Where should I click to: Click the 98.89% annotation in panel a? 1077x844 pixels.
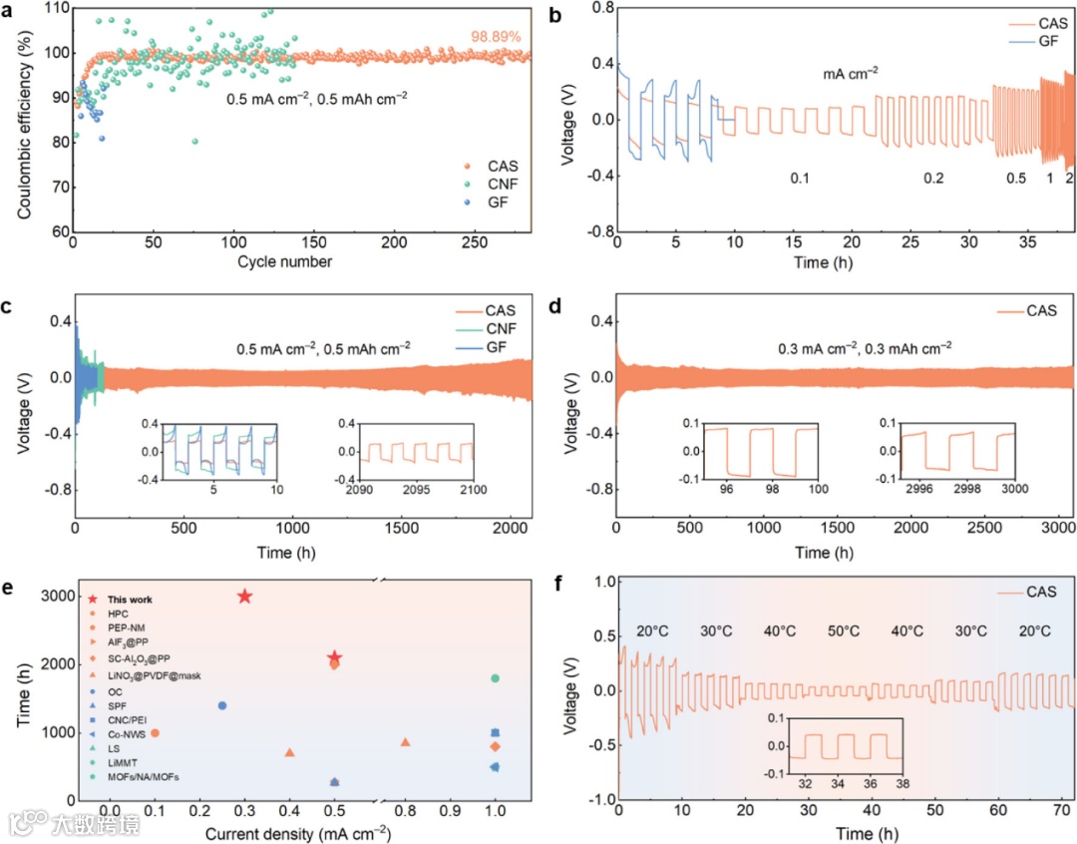[497, 37]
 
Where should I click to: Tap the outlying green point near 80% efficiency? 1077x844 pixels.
[194, 142]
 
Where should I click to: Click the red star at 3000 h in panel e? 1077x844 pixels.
[244, 597]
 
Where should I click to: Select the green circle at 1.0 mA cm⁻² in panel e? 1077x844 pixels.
[495, 678]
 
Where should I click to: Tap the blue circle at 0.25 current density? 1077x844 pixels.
[222, 705]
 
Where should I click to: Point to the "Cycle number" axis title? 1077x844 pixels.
[285, 262]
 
